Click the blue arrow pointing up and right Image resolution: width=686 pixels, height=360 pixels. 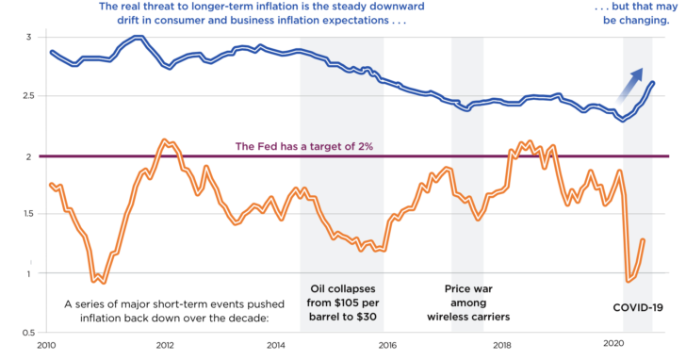coord(629,86)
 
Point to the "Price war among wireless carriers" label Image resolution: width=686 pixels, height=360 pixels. coord(468,303)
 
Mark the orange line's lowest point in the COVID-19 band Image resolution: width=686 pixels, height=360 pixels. coord(629,281)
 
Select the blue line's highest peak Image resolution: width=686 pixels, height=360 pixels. coord(138,38)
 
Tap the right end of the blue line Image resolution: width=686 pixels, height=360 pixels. coord(653,84)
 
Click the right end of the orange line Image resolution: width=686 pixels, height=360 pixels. coord(644,240)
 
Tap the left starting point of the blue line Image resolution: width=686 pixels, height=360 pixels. coord(50,51)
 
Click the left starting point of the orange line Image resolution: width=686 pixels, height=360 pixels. coord(50,184)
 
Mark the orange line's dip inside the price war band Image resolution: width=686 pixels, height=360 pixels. coord(479,219)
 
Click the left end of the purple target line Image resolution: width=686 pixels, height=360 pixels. coord(38,156)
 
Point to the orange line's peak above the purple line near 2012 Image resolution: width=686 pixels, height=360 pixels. coord(165,140)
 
